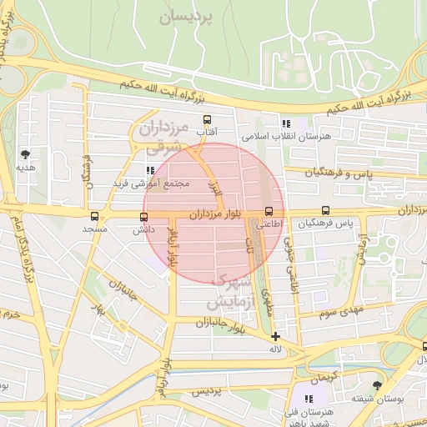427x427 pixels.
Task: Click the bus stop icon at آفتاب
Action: pyautogui.click(x=207, y=120)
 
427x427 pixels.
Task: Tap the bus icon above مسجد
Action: pyautogui.click(x=94, y=216)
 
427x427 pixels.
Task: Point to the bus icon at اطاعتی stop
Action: pyautogui.click(x=268, y=211)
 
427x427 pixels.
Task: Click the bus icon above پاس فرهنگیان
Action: pyautogui.click(x=325, y=211)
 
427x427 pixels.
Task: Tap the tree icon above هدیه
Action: pyautogui.click(x=25, y=154)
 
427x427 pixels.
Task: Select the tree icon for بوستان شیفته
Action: pyautogui.click(x=378, y=385)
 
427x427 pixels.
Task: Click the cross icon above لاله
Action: pyautogui.click(x=275, y=336)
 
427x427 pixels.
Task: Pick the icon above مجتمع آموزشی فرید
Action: pyautogui.click(x=150, y=170)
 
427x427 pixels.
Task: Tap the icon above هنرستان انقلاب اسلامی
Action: pyautogui.click(x=286, y=123)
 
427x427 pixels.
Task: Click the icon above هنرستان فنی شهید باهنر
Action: pyautogui.click(x=309, y=399)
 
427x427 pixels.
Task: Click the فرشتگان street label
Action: pyautogui.click(x=86, y=171)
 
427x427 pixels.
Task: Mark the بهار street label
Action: pyautogui.click(x=101, y=310)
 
